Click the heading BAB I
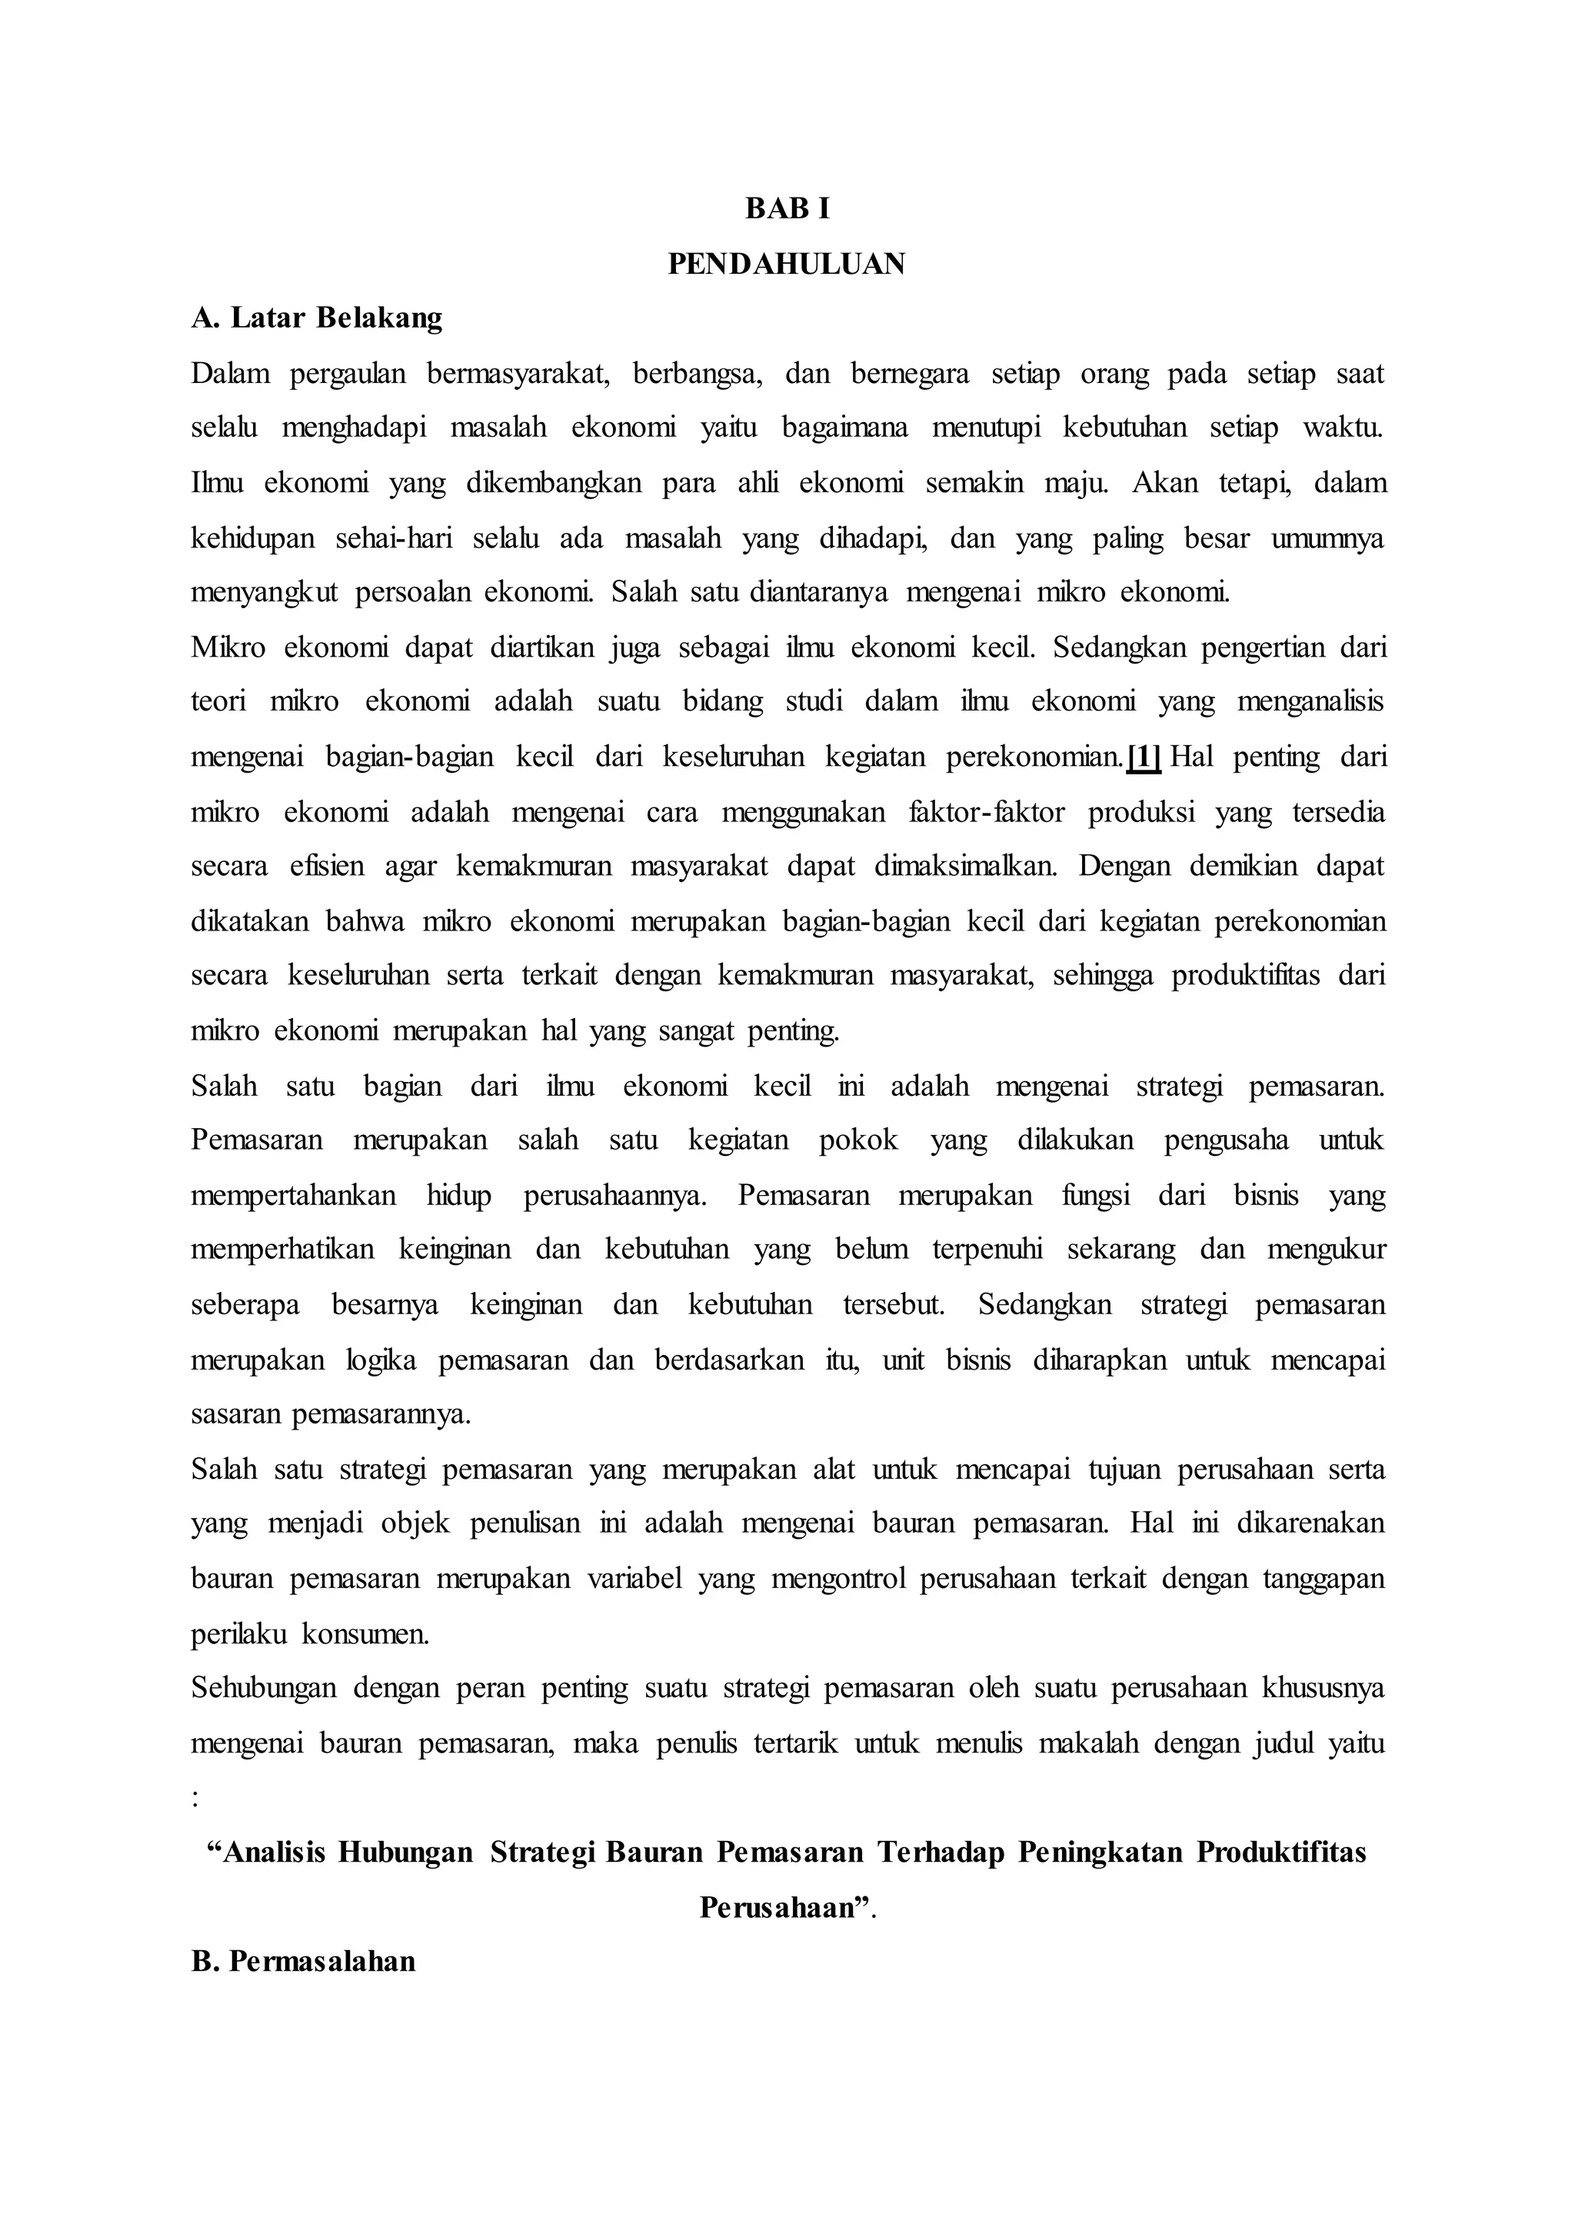[x=787, y=208]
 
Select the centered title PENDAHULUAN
[x=787, y=264]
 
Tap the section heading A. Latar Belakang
[x=316, y=318]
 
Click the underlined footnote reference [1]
[x=1144, y=757]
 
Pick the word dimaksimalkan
[x=965, y=865]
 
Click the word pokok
[x=858, y=1140]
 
